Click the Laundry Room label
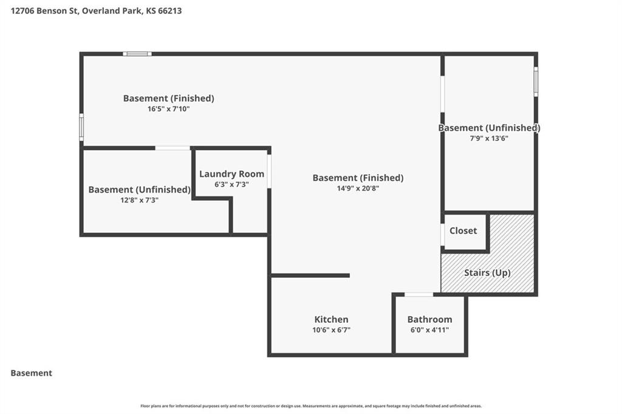pyautogui.click(x=231, y=174)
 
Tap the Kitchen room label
pyautogui.click(x=331, y=319)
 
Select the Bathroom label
pyautogui.click(x=429, y=319)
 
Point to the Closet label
pyautogui.click(x=463, y=230)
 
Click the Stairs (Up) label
pyautogui.click(x=487, y=273)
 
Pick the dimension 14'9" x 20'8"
pyautogui.click(x=358, y=188)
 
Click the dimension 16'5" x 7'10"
pyautogui.click(x=169, y=109)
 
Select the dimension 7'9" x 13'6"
pyautogui.click(x=489, y=138)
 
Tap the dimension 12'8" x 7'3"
pyautogui.click(x=139, y=200)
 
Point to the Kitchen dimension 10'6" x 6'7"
pyautogui.click(x=331, y=329)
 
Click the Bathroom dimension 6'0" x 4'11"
pyautogui.click(x=429, y=329)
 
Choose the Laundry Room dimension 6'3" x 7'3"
pyautogui.click(x=231, y=184)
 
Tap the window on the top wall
pyautogui.click(x=137, y=54)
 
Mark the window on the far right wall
pyautogui.click(x=536, y=81)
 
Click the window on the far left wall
pyautogui.click(x=81, y=127)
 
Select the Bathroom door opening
pyautogui.click(x=419, y=294)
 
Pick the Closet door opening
pyautogui.click(x=442, y=235)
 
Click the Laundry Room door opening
pyautogui.click(x=269, y=171)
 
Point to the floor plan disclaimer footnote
pyautogui.click(x=311, y=406)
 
